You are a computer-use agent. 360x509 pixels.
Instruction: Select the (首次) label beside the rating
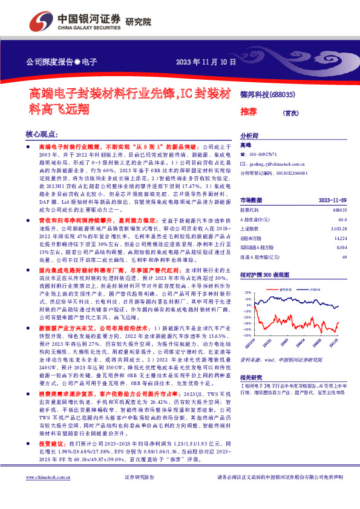(x=291, y=112)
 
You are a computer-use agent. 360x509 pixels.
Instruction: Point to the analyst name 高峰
(x=245, y=146)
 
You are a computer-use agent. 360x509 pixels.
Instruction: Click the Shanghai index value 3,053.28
(x=337, y=230)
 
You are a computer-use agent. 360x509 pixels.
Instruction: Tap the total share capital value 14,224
(x=339, y=239)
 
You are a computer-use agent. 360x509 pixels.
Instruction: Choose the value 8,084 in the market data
(x=341, y=249)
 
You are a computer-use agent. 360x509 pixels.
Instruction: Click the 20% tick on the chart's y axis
(x=246, y=292)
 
